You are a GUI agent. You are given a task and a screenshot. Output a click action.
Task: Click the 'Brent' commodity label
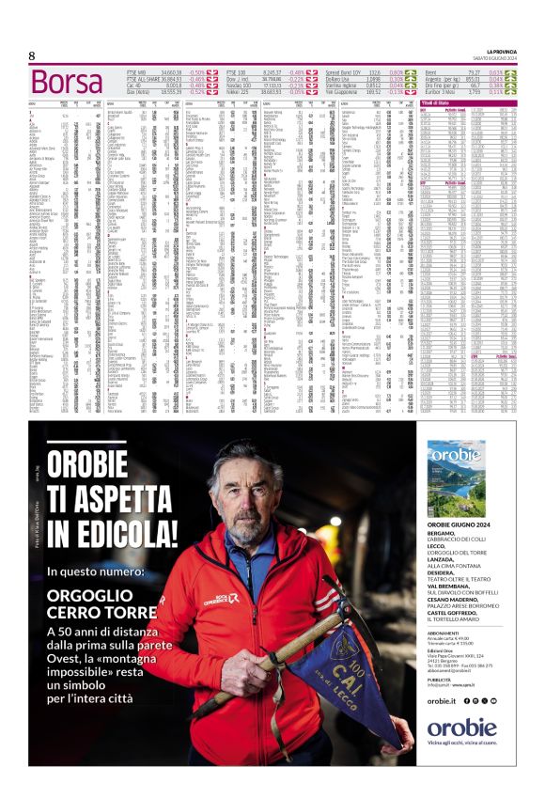(433, 71)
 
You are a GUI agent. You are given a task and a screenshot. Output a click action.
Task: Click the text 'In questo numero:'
(90, 571)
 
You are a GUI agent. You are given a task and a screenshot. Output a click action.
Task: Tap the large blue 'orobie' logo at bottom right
(461, 728)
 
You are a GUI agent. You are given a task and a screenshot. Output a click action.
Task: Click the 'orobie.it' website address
(442, 701)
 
